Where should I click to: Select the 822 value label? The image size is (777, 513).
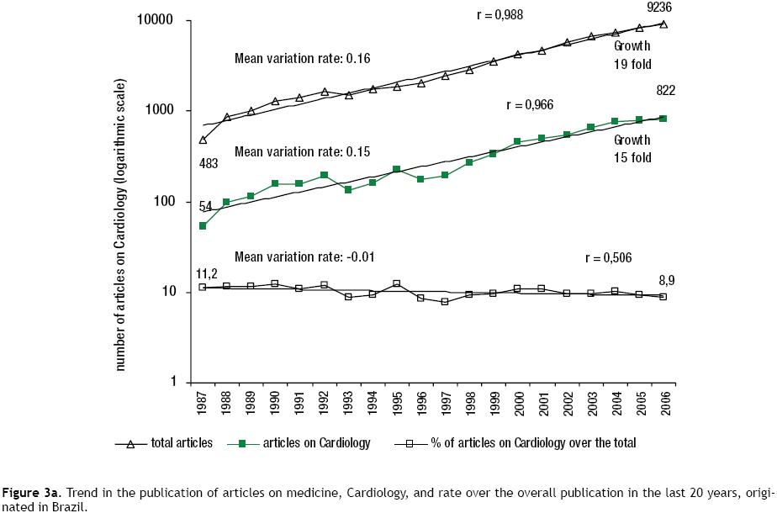coord(666,91)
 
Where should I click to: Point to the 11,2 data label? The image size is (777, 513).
coord(207,274)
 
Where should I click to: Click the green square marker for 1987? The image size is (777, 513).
coord(203,226)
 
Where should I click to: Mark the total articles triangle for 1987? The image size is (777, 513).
coord(203,140)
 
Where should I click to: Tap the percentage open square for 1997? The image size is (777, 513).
coord(445,301)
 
